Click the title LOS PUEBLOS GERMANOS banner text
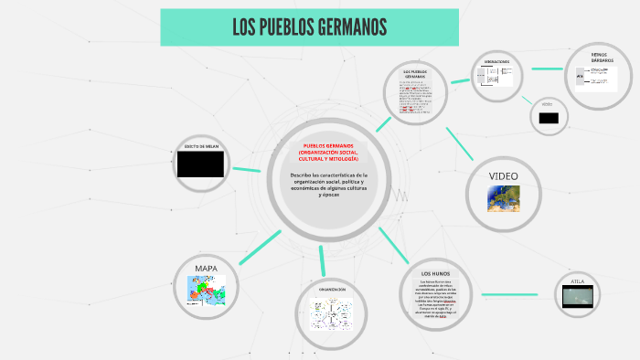pos(309,27)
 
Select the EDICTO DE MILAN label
pos(200,146)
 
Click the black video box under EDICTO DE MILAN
pos(200,164)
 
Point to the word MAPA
pos(206,268)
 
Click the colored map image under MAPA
pos(206,288)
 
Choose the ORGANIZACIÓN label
pos(332,290)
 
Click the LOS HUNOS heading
pos(437,274)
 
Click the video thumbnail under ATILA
pos(577,295)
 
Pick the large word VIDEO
pos(503,175)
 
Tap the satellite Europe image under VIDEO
pos(503,197)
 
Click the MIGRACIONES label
pos(497,61)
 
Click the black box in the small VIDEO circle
pos(549,118)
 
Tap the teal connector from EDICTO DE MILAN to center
pos(247,169)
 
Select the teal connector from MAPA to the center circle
pos(260,247)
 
